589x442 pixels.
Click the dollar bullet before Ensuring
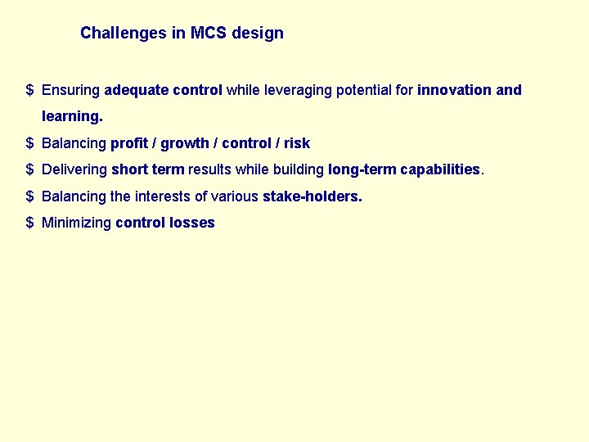coord(29,90)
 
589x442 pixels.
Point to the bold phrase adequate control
coord(164,90)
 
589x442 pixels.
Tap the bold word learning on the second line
coord(71,117)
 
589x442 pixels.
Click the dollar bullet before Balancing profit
coord(29,143)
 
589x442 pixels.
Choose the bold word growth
coord(185,143)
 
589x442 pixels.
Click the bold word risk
coord(297,143)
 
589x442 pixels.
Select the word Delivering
coord(74,169)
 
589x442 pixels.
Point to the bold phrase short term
coord(148,169)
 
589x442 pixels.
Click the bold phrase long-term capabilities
coord(404,169)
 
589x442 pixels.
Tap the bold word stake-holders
coord(312,196)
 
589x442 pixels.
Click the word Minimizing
coord(76,223)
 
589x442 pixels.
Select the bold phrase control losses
coord(165,223)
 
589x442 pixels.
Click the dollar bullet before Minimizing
coord(29,223)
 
